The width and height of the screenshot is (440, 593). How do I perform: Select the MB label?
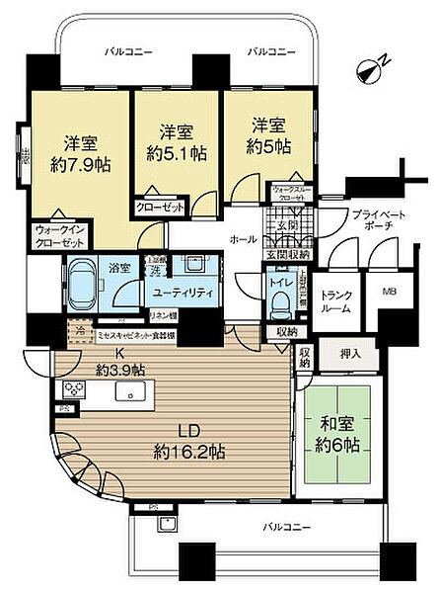(x=380, y=293)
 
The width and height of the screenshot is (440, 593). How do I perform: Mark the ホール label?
(x=243, y=239)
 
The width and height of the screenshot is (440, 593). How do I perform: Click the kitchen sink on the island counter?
(x=130, y=392)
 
